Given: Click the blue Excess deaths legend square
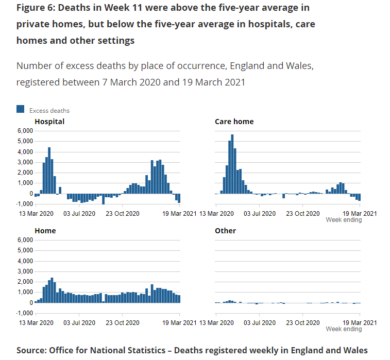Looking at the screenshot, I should [21, 109].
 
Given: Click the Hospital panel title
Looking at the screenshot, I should [49, 122].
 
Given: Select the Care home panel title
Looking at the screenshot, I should [234, 122].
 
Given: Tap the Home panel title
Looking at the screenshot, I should [45, 231].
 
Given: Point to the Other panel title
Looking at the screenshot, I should [225, 231].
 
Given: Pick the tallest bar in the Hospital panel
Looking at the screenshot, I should [49, 170].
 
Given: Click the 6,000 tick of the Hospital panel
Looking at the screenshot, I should [24, 131].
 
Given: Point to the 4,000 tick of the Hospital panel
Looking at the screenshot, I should [24, 152].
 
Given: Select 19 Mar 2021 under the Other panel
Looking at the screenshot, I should [360, 322].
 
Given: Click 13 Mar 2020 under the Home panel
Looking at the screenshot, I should [36, 322].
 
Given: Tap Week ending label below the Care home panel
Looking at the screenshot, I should [344, 220].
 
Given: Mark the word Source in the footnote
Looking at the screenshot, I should [31, 350].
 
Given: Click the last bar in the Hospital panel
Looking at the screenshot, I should [179, 198].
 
